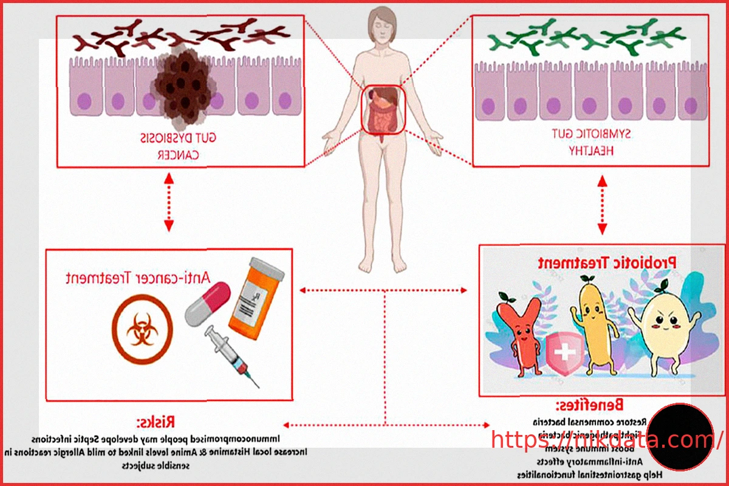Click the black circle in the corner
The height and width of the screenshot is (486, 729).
679,437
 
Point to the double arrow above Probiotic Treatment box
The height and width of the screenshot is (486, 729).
602,205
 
